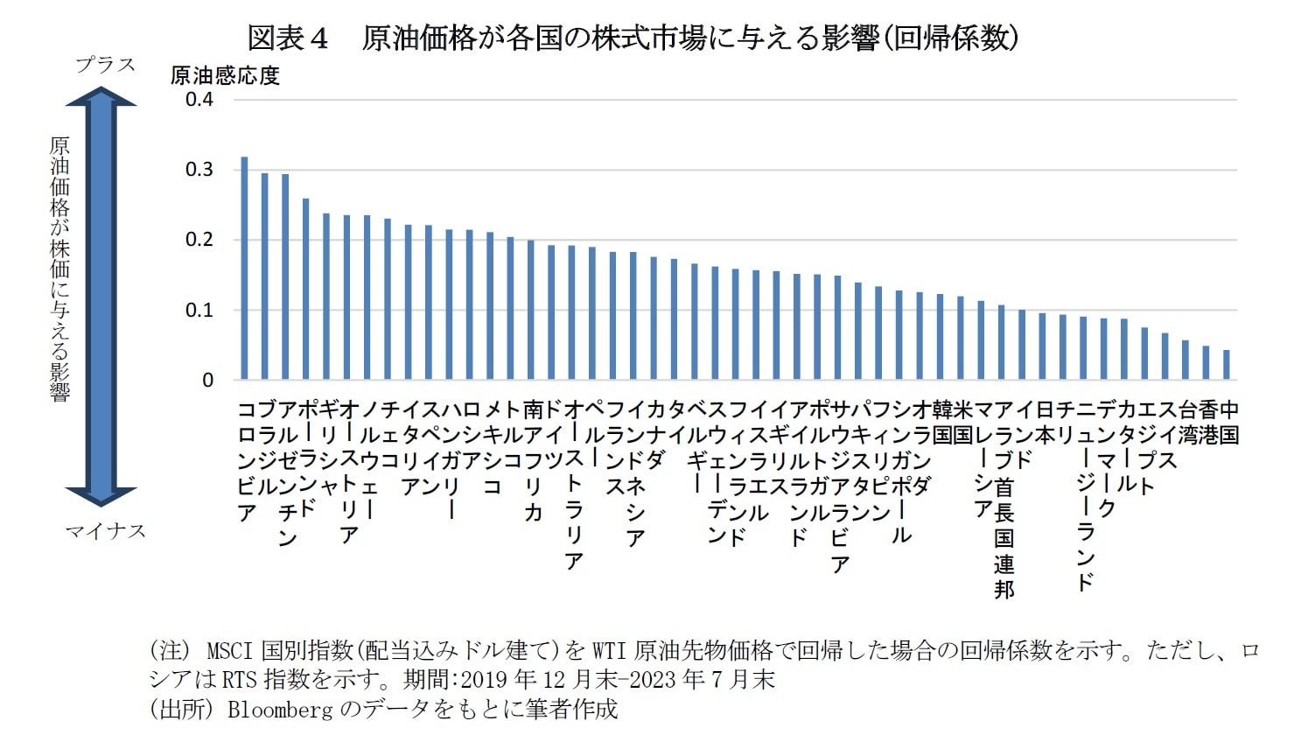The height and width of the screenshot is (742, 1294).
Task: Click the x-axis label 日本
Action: [x=1044, y=422]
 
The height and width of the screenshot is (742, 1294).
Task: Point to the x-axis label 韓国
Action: [x=941, y=422]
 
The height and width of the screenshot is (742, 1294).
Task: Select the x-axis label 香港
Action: [x=1207, y=422]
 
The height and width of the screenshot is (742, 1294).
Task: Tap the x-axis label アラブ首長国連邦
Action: [x=1004, y=499]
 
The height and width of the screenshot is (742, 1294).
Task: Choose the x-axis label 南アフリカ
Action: [x=533, y=460]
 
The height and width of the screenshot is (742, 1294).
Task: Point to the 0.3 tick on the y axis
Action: [x=199, y=170]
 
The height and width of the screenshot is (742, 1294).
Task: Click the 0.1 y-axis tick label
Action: [x=199, y=311]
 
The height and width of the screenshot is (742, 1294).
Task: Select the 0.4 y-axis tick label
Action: [x=199, y=100]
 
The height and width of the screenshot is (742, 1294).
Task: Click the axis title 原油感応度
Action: [x=225, y=76]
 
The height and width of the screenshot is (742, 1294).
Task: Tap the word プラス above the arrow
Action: [x=105, y=65]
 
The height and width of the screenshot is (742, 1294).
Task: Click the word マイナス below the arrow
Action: [x=105, y=531]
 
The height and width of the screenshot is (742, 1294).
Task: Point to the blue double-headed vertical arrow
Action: [x=101, y=297]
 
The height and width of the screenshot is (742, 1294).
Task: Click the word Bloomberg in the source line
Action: [x=280, y=709]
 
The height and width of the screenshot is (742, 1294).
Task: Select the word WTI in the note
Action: [x=609, y=651]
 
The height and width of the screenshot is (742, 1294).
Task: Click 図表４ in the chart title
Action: [x=288, y=38]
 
